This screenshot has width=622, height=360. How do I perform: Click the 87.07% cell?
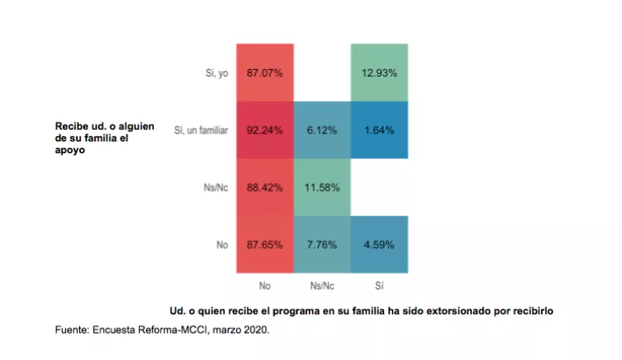[x=264, y=73]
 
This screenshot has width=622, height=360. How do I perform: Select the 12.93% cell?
[x=379, y=73]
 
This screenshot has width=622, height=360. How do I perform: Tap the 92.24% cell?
[x=264, y=131]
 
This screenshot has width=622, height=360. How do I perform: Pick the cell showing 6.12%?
[x=322, y=131]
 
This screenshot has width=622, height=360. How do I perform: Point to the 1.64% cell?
[x=379, y=131]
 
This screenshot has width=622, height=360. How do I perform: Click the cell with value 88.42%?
[x=264, y=187]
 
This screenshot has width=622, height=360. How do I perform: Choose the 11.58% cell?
[x=322, y=187]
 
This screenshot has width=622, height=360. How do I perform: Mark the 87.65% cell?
[x=264, y=245]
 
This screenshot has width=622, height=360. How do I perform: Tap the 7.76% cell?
[x=322, y=245]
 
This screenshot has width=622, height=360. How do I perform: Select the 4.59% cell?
[x=379, y=245]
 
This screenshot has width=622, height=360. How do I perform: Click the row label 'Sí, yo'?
[x=214, y=73]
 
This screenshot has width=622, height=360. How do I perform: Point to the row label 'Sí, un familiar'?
[x=200, y=131]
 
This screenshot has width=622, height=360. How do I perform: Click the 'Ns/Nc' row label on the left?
[x=214, y=187]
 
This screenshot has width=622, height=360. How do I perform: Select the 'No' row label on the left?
[x=222, y=245]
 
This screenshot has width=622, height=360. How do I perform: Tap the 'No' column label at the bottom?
[x=264, y=285]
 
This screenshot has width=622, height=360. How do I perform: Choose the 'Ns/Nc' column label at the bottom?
[x=322, y=285]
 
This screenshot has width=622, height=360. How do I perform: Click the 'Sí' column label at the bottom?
[x=379, y=285]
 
